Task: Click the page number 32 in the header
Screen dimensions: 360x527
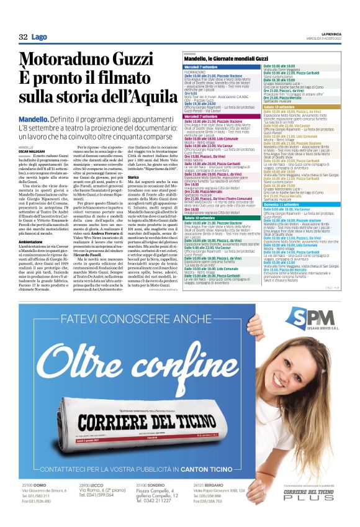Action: [23, 37]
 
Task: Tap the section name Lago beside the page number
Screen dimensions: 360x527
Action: [39, 37]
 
